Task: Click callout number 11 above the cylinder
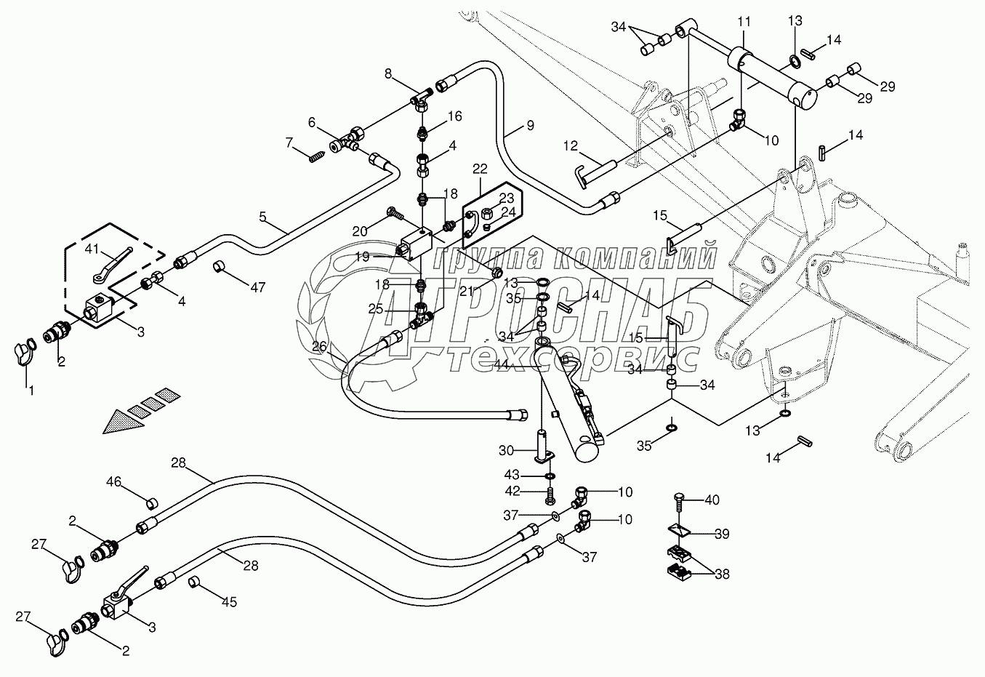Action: point(743,23)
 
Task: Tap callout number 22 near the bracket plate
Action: point(480,169)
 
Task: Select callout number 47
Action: point(258,287)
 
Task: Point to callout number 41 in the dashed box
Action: point(91,249)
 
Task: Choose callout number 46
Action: point(113,481)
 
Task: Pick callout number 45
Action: point(230,602)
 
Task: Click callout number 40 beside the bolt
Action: point(712,500)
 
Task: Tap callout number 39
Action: point(721,534)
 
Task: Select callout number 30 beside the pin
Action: point(507,450)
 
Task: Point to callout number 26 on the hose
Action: point(320,347)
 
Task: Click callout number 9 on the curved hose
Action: point(530,125)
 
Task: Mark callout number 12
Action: point(569,146)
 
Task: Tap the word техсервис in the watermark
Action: point(574,358)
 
